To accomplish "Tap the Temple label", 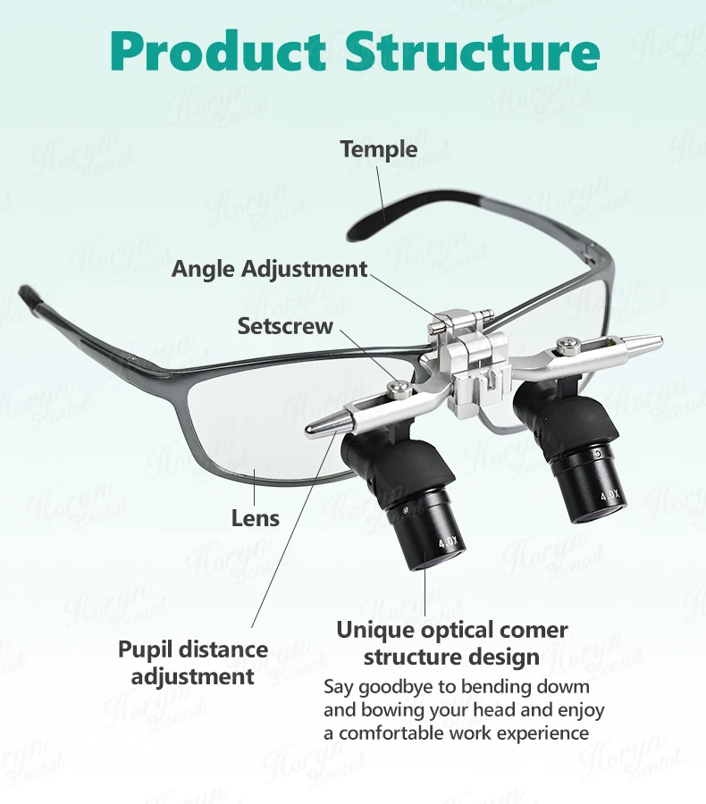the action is (x=379, y=149).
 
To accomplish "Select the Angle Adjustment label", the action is (x=269, y=268).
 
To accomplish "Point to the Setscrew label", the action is (x=285, y=326).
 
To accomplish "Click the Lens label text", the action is (x=256, y=517).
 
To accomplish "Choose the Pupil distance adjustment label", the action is (x=193, y=662).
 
